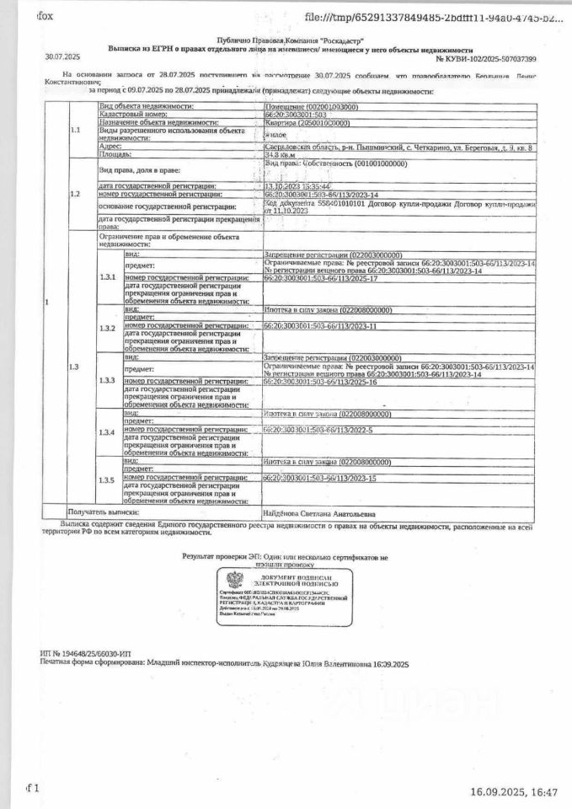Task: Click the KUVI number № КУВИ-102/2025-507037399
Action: [x=488, y=60]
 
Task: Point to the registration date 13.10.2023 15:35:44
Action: [x=297, y=185]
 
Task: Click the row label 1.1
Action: [x=76, y=131]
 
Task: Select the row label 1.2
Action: [x=76, y=194]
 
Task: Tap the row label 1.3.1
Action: [x=106, y=276]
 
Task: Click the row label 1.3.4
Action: [x=106, y=431]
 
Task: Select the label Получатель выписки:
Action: [x=104, y=512]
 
